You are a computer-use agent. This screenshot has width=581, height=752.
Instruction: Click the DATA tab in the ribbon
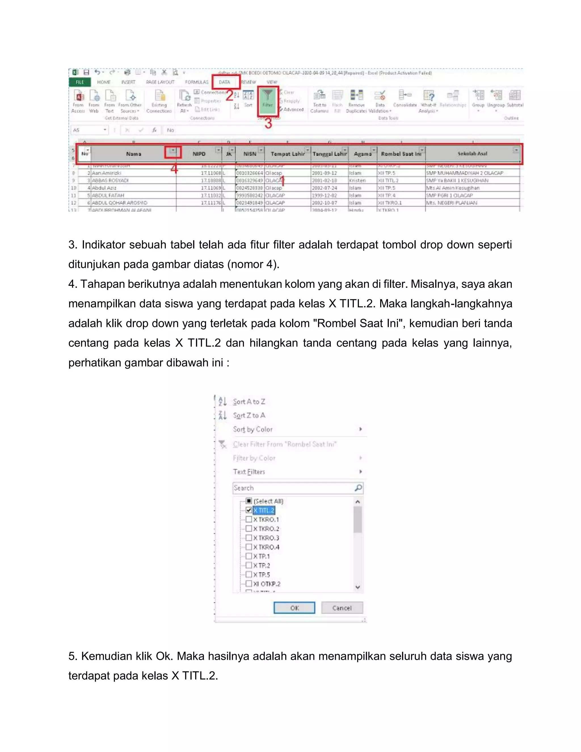click(224, 82)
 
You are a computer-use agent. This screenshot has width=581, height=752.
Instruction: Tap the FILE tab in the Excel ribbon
click(80, 82)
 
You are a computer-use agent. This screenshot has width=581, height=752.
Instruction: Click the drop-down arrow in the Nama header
click(173, 151)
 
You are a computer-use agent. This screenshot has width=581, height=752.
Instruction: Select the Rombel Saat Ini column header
click(401, 154)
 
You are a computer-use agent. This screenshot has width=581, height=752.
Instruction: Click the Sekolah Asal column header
click(472, 154)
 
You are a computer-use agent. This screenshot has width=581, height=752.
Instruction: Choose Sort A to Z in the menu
click(249, 402)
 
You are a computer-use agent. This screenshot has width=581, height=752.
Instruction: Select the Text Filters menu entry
click(249, 472)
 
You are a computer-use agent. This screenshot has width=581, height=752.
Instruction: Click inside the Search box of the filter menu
click(292, 488)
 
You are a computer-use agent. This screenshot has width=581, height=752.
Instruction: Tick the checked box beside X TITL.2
click(249, 510)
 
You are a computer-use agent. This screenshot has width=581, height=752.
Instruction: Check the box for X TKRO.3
click(249, 538)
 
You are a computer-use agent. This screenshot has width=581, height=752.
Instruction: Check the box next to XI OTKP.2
click(249, 584)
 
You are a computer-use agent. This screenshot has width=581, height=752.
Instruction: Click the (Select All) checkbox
click(249, 501)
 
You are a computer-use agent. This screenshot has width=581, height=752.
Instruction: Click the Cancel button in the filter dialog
click(342, 608)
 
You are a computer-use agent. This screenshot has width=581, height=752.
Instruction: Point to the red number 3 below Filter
click(268, 123)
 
